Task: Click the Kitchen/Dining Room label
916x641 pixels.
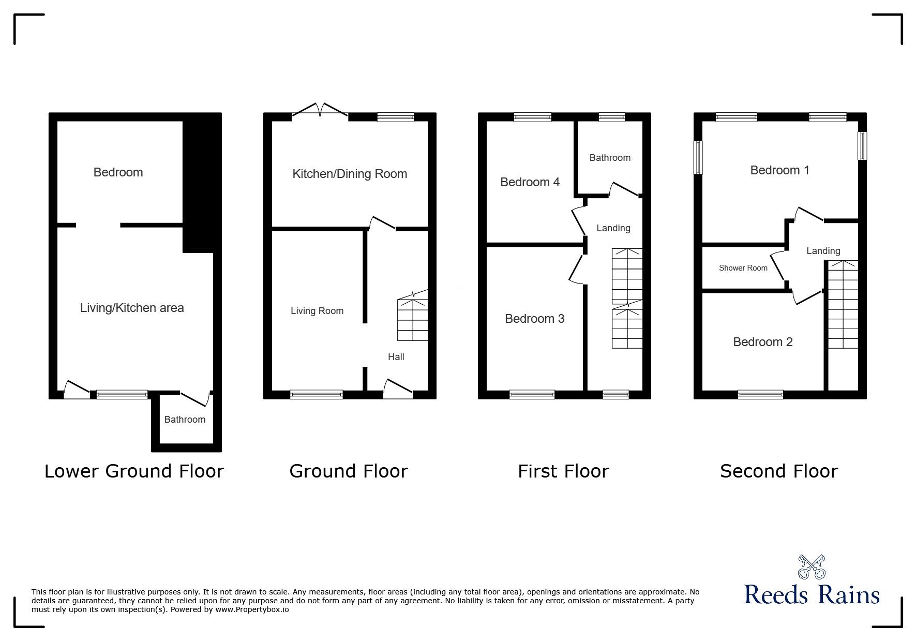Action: point(350,174)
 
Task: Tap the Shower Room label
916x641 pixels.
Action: point(743,268)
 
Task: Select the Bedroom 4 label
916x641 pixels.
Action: point(530,182)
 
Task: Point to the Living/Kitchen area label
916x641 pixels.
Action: point(132,308)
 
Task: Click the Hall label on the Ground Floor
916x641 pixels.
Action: point(396,357)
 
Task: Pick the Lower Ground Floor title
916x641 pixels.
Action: point(134,471)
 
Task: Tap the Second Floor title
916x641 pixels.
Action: point(779,471)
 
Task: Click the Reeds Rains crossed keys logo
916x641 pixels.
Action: point(812,567)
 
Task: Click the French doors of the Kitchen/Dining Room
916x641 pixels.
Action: point(321,110)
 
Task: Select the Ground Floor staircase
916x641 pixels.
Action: point(413,317)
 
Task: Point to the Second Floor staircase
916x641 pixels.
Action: point(843,304)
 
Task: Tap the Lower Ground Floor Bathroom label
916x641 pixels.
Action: point(185,420)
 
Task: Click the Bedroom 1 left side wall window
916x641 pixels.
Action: point(698,157)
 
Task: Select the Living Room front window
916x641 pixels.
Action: point(317,395)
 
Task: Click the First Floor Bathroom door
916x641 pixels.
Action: point(625,189)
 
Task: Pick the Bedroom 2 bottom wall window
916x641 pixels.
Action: point(760,395)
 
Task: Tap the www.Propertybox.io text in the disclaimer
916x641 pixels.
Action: point(252,609)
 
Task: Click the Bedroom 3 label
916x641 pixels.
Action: point(534,319)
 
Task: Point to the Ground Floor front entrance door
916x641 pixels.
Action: point(398,389)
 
